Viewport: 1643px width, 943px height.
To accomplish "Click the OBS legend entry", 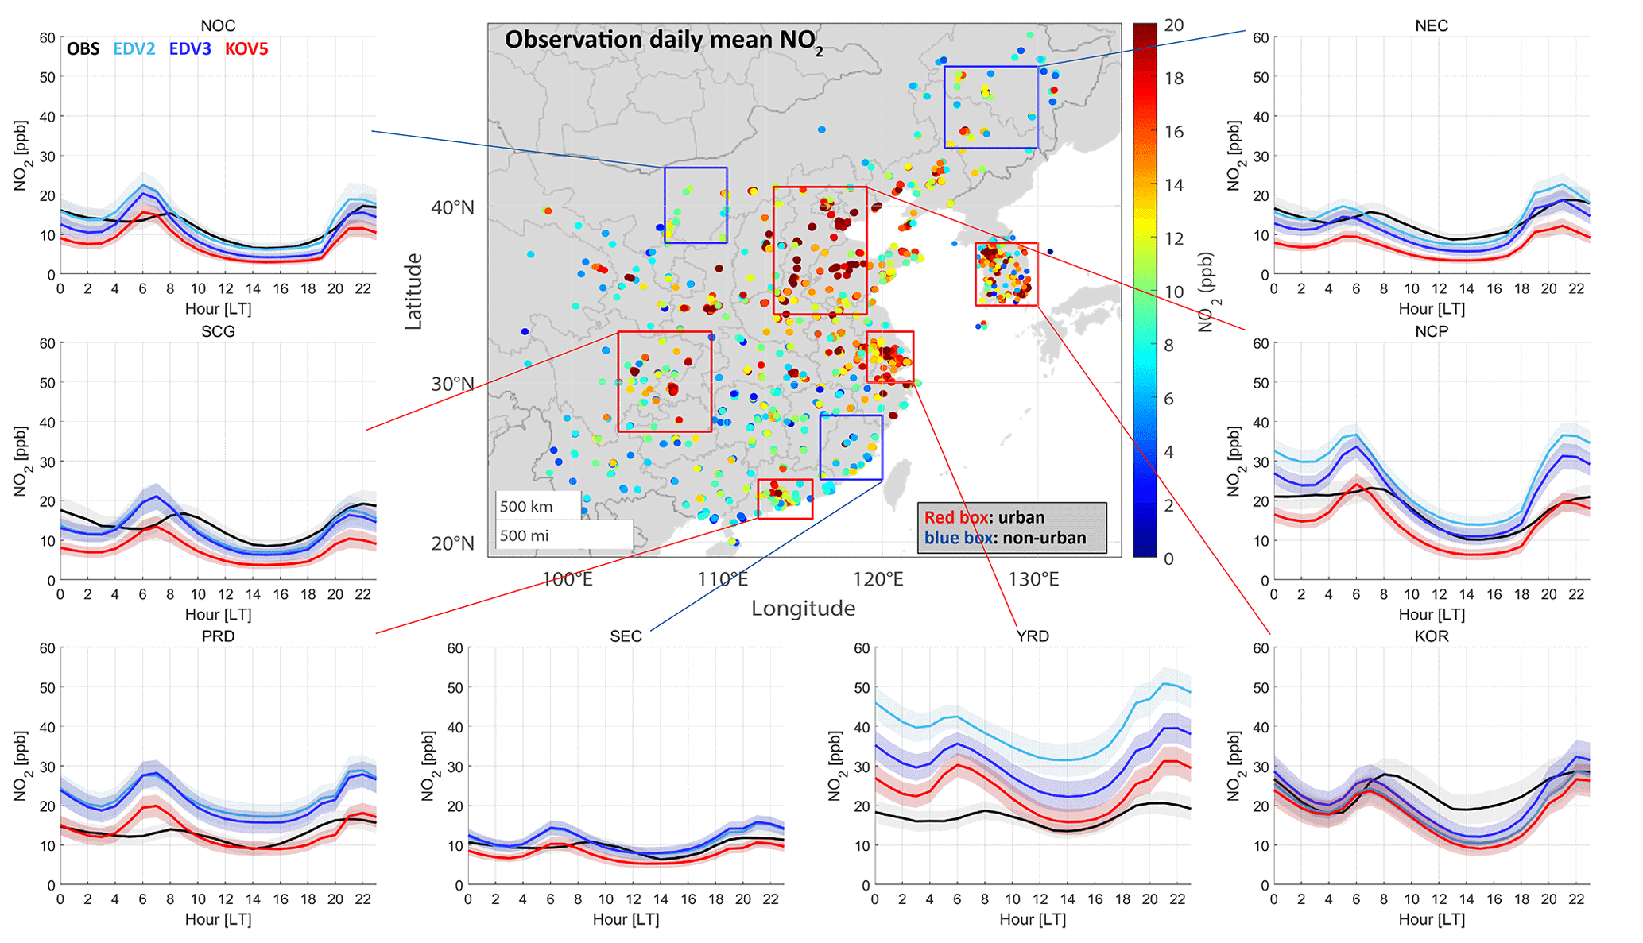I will tap(83, 49).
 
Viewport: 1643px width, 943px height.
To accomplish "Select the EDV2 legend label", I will tap(134, 49).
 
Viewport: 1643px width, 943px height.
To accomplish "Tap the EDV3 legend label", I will tap(190, 49).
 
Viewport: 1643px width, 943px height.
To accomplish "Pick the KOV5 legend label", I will tap(246, 49).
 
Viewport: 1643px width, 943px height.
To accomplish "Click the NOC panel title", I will tap(218, 26).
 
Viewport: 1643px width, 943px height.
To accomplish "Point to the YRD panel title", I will tap(1033, 636).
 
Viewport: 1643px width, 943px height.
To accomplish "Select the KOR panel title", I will tap(1432, 636).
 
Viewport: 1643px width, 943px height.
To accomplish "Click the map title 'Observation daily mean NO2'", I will tap(664, 41).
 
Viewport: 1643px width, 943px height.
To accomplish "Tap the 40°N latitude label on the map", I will tap(452, 208).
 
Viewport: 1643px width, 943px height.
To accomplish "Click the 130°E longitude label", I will tap(1033, 579).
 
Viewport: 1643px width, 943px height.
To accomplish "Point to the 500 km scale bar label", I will tap(526, 507).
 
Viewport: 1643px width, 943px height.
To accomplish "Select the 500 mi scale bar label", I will tap(525, 535).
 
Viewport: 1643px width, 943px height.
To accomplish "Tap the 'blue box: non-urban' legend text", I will tap(1005, 538).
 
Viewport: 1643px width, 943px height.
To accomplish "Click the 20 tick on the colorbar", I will tap(1173, 25).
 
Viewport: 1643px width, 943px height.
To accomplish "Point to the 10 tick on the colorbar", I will tap(1173, 292).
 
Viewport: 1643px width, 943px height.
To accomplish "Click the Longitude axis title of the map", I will tap(803, 609).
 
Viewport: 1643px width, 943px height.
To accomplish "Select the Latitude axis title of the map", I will tap(414, 292).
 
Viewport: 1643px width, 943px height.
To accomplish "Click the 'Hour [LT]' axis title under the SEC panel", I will tap(626, 919).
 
